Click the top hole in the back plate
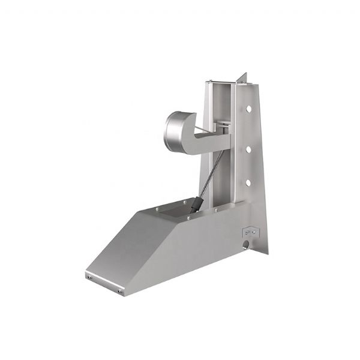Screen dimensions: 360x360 coord(248,110)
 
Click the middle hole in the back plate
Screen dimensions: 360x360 coord(248,146)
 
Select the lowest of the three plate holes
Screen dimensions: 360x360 coord(248,182)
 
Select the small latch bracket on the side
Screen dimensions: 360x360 coord(249,231)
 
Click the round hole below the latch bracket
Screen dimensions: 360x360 coord(247,244)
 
